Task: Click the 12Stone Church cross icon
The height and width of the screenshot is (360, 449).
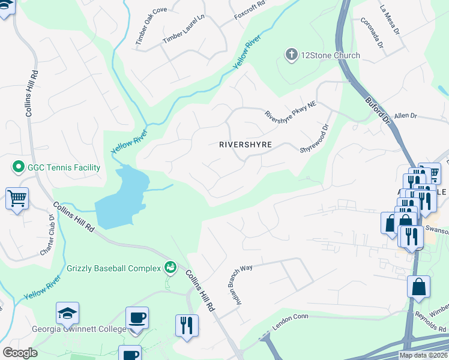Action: click(x=291, y=55)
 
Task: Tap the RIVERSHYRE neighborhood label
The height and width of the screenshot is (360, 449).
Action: click(x=246, y=145)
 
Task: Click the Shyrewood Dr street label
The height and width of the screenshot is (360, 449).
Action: click(x=315, y=138)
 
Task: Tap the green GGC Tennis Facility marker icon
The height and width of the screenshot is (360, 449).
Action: click(x=18, y=167)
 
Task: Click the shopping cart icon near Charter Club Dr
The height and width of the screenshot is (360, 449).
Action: click(x=17, y=198)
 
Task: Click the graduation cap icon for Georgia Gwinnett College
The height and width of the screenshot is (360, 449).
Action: click(x=67, y=313)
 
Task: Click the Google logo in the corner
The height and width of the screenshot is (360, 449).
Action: click(x=20, y=353)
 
